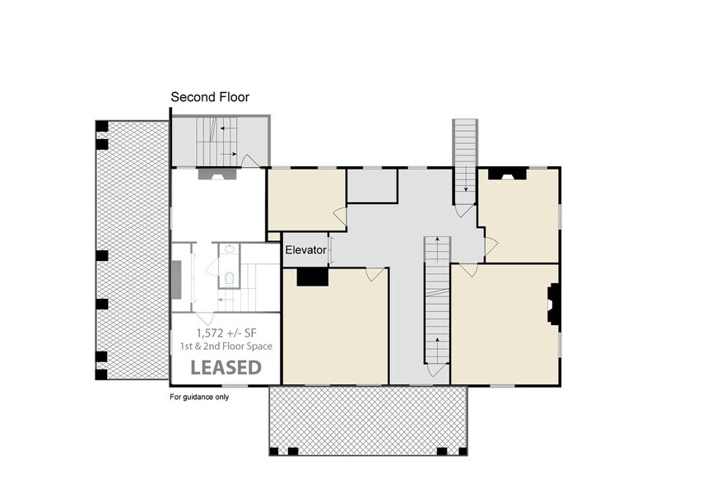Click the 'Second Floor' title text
click(210, 97)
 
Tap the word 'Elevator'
click(305, 249)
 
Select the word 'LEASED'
click(226, 367)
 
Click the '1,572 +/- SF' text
click(226, 333)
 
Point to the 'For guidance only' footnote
click(199, 397)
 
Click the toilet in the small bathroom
click(229, 277)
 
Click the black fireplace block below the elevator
click(313, 277)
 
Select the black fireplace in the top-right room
click(507, 174)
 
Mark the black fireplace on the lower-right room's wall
click(555, 306)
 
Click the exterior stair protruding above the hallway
click(465, 156)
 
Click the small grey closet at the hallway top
click(372, 185)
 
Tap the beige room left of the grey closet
click(305, 199)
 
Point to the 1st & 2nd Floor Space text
click(226, 347)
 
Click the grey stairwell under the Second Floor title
click(219, 142)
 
